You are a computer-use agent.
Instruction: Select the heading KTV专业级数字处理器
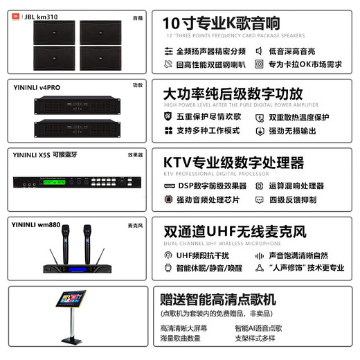tap(233, 163)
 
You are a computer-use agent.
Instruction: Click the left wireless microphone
tap(68, 242)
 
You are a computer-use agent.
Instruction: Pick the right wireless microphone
tap(87, 242)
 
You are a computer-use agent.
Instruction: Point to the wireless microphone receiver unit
tap(78, 269)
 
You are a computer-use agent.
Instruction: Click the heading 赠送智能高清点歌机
tap(218, 300)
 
